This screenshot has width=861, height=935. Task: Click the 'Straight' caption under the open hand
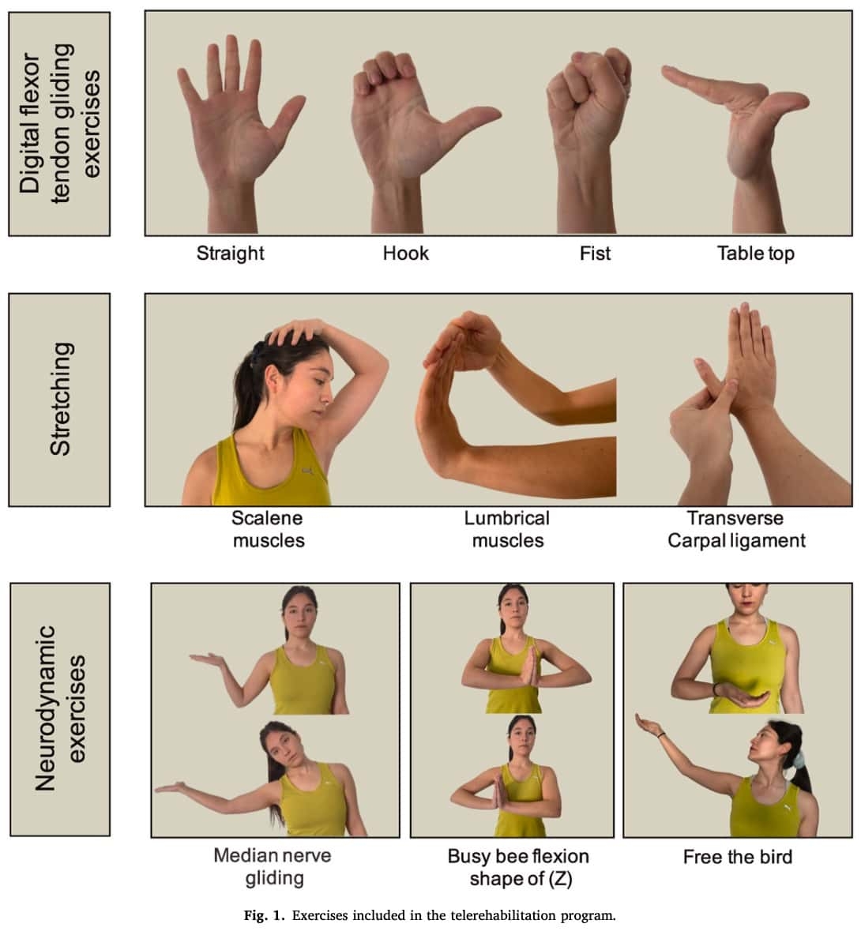(x=230, y=253)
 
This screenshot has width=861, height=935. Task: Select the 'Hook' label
(x=405, y=253)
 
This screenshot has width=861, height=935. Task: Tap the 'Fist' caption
(x=595, y=253)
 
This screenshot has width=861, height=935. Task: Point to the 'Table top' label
(x=755, y=253)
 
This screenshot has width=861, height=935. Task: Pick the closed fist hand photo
(x=589, y=140)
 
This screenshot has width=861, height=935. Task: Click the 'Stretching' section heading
(x=59, y=400)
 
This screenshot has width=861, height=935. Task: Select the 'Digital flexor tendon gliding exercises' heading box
(x=59, y=124)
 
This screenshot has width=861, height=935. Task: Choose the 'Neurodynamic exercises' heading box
(x=59, y=709)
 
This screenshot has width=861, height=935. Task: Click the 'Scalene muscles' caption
(x=268, y=529)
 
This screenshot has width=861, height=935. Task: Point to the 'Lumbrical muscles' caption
(x=507, y=529)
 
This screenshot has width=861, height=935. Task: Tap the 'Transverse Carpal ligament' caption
(x=736, y=529)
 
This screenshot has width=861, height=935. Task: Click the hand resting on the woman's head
(x=296, y=330)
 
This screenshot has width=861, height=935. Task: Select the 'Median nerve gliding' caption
(x=273, y=866)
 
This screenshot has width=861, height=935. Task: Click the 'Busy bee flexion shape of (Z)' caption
(x=518, y=868)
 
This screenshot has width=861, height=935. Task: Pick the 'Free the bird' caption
(x=738, y=857)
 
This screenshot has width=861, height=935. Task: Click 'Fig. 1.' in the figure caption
(x=265, y=915)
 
